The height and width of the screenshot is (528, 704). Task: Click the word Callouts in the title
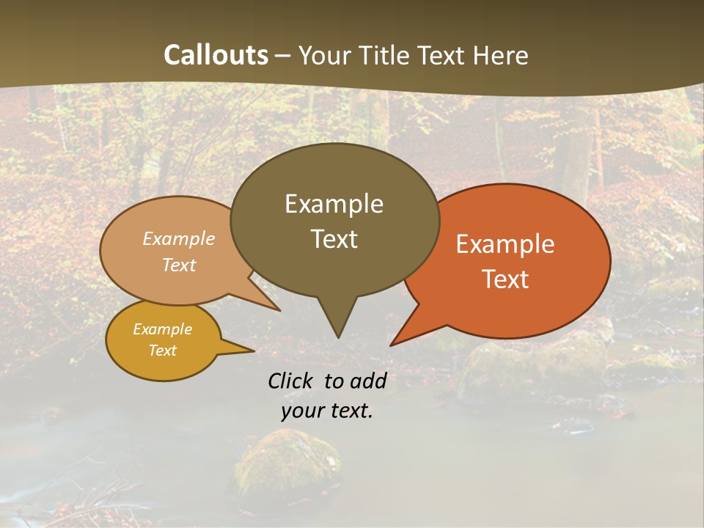pos(216,55)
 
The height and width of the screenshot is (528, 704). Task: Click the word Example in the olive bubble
pos(334,204)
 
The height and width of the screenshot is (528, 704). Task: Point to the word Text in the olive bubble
pos(334,239)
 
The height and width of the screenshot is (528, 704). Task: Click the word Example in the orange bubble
pos(505,244)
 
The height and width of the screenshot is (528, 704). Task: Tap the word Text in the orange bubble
pos(505,279)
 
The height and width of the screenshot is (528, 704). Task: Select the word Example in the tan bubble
pos(179,238)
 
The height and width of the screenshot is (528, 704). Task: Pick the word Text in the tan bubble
pos(179,265)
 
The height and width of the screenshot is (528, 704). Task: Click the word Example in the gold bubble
pos(163,329)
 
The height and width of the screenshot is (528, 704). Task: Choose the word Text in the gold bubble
pos(163,351)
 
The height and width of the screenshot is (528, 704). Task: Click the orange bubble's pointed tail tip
pos(392,345)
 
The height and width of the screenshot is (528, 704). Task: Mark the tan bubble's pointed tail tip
pos(279,310)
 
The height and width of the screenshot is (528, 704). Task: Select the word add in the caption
pos(369,381)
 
